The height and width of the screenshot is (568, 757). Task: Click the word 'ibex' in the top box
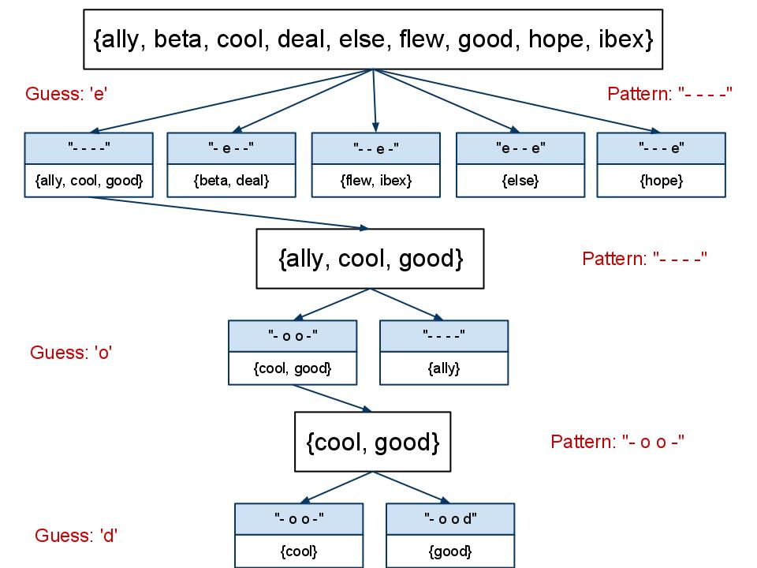(622, 39)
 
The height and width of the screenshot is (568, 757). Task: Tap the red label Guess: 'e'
(66, 95)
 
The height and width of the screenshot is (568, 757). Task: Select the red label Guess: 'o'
(71, 353)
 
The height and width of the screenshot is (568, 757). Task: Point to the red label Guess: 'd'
(76, 536)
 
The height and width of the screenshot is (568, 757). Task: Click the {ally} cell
(444, 368)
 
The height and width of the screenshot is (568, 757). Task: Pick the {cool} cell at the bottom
(298, 551)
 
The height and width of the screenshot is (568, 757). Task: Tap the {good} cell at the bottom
(449, 551)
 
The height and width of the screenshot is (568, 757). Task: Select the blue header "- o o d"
(449, 518)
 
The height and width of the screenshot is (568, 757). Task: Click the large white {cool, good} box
(372, 443)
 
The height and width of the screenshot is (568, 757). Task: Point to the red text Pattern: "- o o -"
(617, 442)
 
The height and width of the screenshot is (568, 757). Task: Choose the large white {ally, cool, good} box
(371, 259)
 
